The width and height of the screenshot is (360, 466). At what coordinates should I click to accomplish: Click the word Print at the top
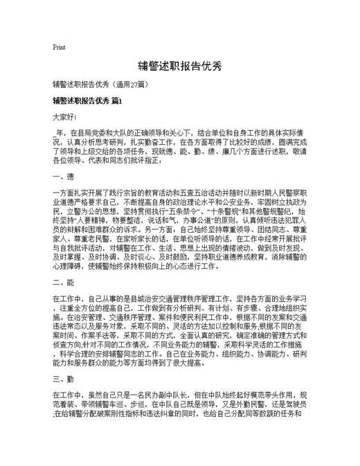click(59, 48)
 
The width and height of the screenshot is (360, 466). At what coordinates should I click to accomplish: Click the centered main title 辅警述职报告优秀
click(179, 66)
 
